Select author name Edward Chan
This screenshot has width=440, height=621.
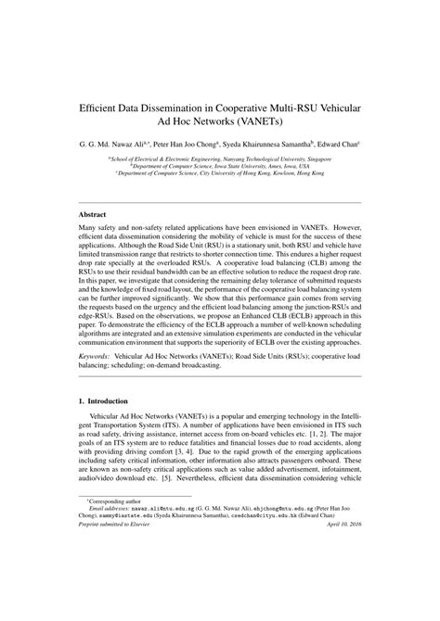coord(338,145)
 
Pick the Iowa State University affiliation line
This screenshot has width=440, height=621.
coord(219,166)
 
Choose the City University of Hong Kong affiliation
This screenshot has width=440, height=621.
coord(219,172)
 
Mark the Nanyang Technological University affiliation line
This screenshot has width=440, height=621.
coord(219,158)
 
